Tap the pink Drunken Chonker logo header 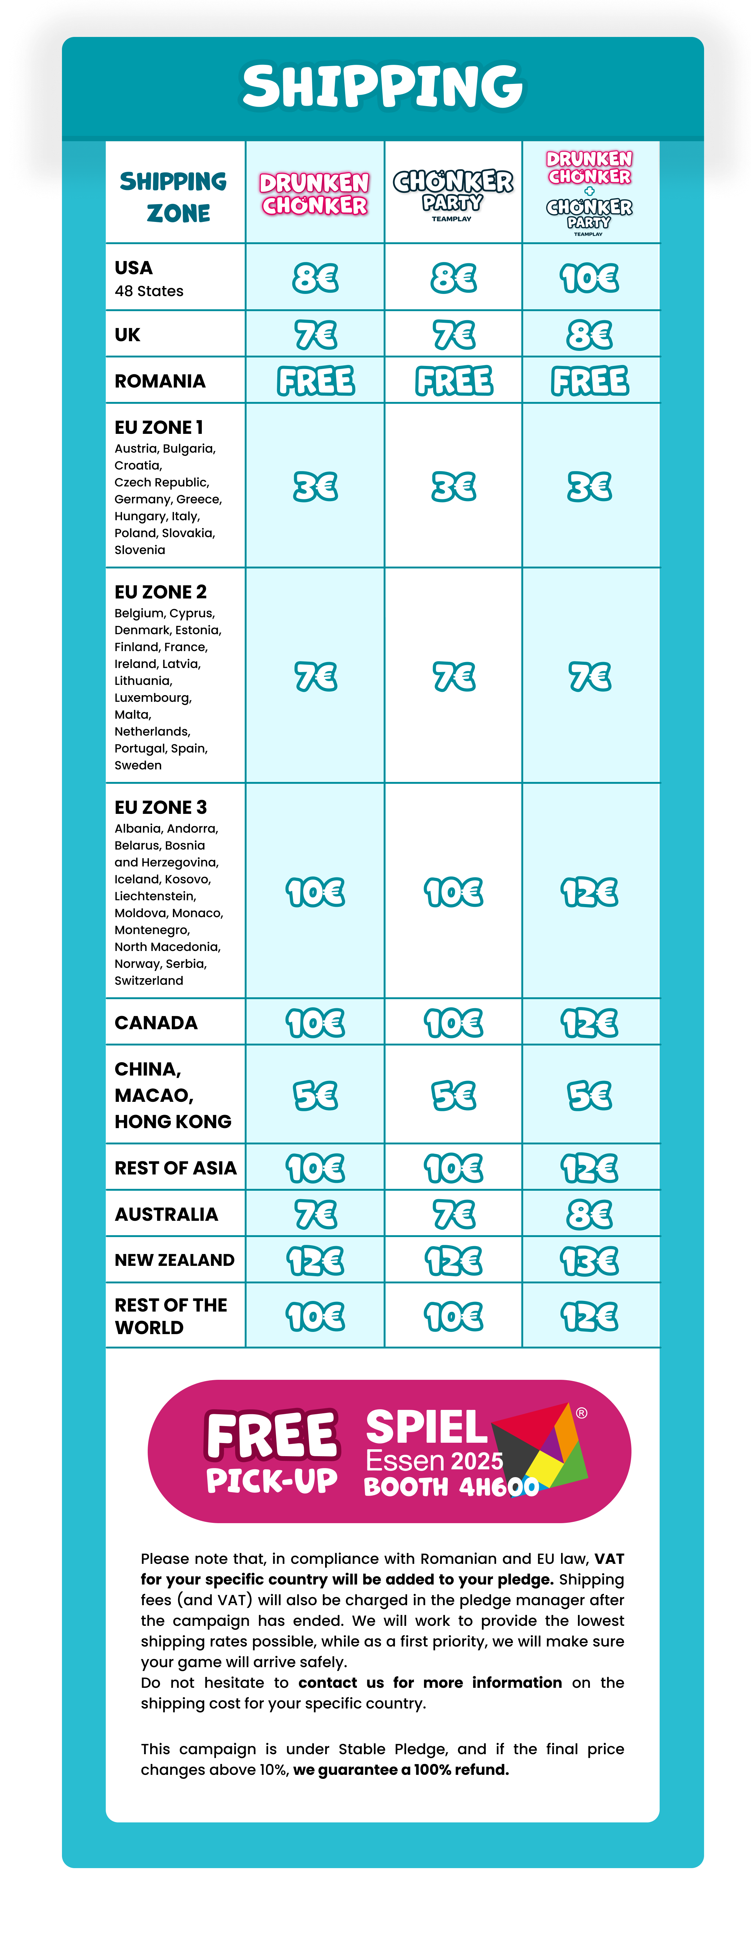314,194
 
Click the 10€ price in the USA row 590,278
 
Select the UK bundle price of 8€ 590,335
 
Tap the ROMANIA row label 160,381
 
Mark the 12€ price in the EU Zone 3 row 590,892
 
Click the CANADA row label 156,1023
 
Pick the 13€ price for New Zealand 590,1261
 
